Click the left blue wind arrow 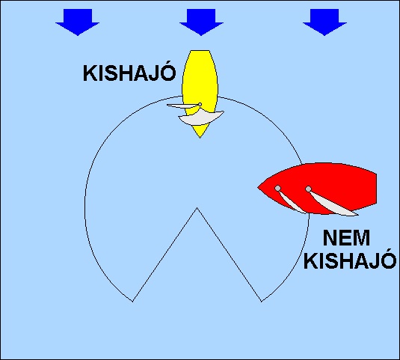(78, 22)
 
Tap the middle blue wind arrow (201, 22)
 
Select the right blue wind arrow (324, 22)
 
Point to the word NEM (346, 238)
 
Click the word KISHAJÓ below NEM (350, 260)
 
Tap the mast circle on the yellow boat (200, 105)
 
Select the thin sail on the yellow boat (182, 106)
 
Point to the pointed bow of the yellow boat (200, 138)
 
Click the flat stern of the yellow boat (200, 51)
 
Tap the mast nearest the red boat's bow (278, 189)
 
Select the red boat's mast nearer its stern (309, 189)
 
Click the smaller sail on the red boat (292, 203)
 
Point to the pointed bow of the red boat (258, 188)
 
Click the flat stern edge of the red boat (376, 189)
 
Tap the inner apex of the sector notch (197, 208)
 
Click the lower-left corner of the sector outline (133, 302)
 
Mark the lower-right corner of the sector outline (262, 302)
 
